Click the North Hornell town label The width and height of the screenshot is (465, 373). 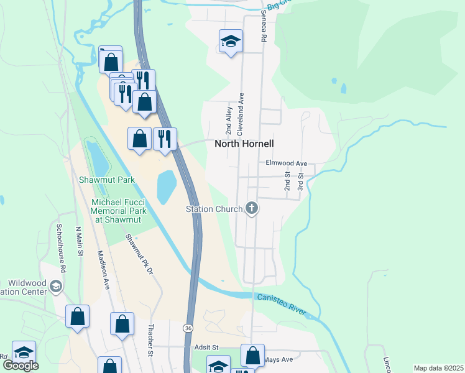244,143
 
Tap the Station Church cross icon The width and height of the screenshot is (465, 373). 252,208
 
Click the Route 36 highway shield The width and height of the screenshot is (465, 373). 188,327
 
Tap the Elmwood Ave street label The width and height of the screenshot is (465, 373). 287,163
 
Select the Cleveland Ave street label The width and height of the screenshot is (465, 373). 240,115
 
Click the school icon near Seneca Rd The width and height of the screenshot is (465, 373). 231,42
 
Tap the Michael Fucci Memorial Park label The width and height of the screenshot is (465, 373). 119,211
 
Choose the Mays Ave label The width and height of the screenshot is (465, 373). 278,359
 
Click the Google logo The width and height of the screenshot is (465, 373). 21,365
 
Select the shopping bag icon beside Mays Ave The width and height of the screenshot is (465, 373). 252,356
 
